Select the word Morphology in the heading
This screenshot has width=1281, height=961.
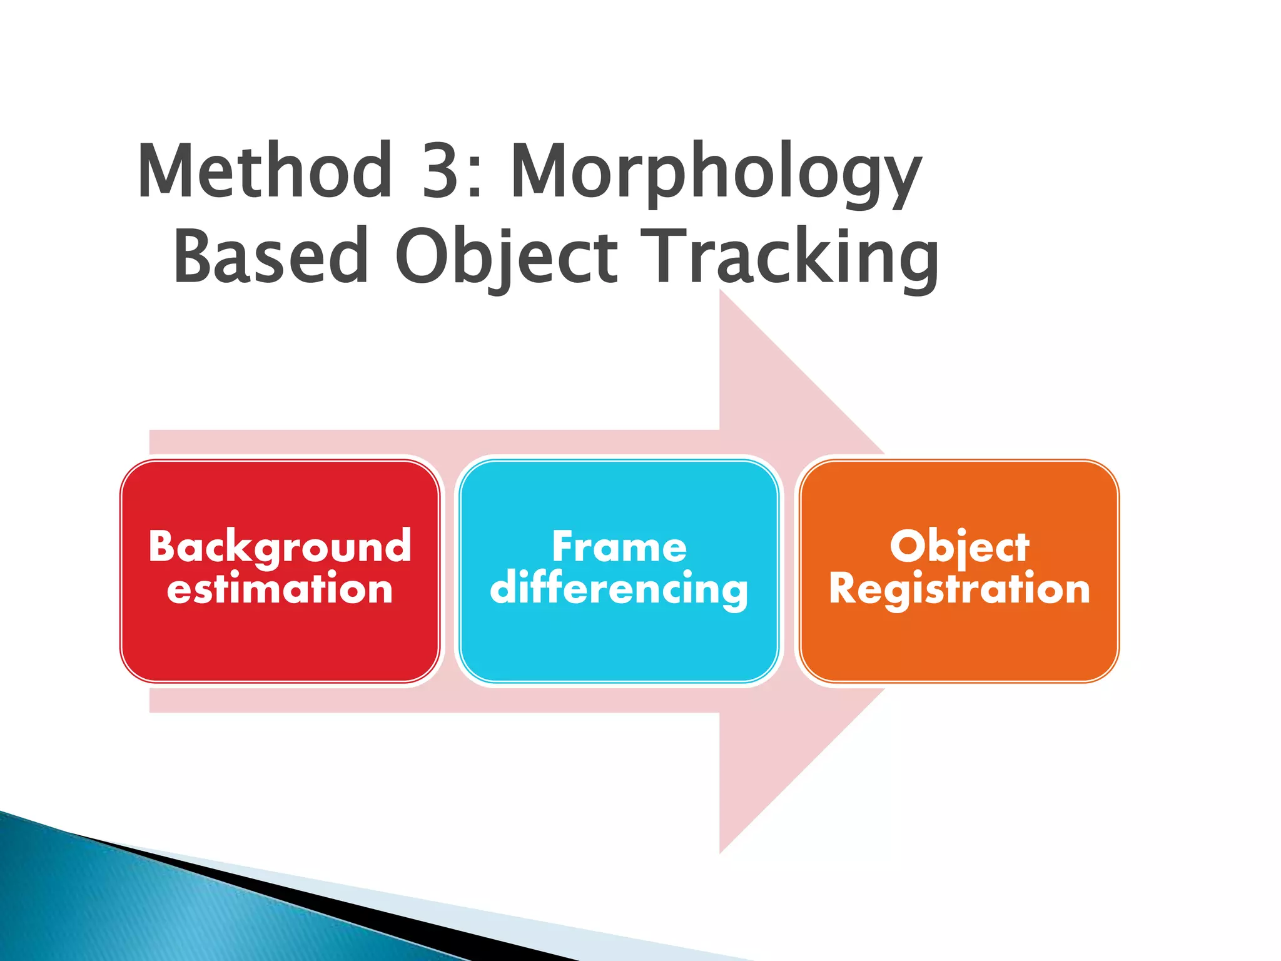pos(716,172)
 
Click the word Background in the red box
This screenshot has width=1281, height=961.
pos(280,547)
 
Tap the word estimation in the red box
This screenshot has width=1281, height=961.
pos(280,589)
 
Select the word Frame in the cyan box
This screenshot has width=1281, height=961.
pos(619,547)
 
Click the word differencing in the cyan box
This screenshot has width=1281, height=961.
pos(619,589)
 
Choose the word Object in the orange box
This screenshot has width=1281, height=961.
pos(959,547)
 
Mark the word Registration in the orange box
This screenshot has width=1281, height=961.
pos(959,589)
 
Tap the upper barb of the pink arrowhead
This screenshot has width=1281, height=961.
pos(751,350)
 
